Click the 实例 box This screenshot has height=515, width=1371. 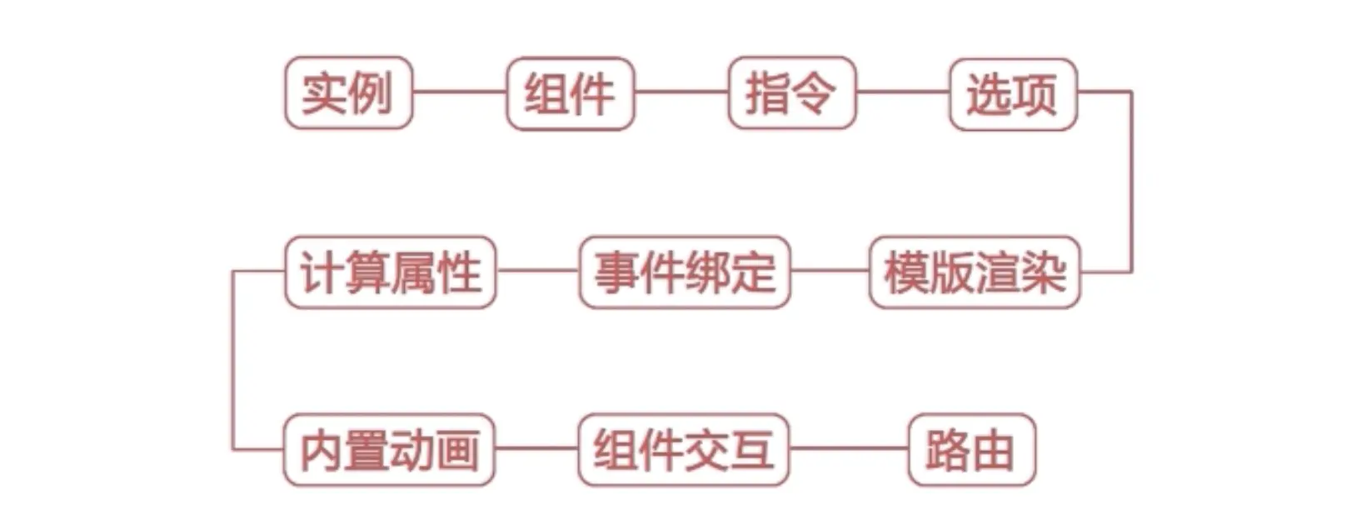pos(348,92)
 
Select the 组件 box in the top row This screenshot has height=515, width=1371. pos(570,92)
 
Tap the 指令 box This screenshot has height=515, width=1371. pos(791,92)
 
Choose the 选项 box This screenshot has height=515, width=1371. pos(1013,93)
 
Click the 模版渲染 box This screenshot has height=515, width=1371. pos(975,272)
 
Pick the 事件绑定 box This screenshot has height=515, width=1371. pos(684,272)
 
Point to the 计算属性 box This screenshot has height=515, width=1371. pos(390,272)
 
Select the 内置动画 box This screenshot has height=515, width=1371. pos(389,450)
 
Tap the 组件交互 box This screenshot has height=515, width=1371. pos(683,450)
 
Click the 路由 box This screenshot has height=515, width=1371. pos(971,450)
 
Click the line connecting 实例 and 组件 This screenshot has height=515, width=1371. pos(459,92)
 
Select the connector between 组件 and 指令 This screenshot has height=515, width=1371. pos(681,92)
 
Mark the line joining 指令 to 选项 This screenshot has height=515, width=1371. pos(903,92)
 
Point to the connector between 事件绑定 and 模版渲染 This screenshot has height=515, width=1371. pos(830,271)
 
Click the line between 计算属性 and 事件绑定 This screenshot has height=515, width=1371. pos(537,271)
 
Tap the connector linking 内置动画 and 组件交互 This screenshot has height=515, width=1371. pos(536,448)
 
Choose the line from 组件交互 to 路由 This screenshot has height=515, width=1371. pos(848,448)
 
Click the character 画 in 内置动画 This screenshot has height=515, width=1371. pos(457,450)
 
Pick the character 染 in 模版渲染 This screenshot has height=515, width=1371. pos(1044,272)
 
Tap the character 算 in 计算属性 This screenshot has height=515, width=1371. pos(366,272)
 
